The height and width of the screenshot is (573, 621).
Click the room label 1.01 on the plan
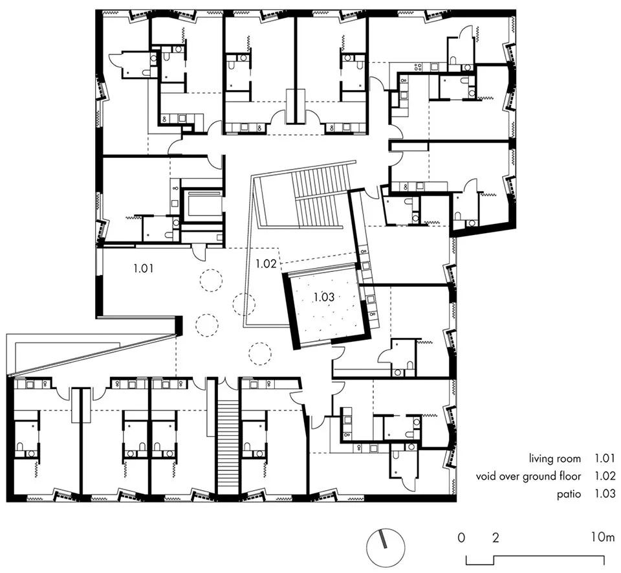point(143,268)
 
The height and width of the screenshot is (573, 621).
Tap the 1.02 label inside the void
point(265,264)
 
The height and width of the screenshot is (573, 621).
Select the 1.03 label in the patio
point(324,297)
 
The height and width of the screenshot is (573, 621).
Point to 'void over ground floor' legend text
point(528,476)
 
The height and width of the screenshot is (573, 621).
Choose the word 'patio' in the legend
point(569,494)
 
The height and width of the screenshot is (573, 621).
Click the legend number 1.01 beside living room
point(605,459)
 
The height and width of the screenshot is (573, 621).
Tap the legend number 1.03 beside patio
point(605,493)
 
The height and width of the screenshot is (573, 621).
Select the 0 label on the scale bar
point(461,538)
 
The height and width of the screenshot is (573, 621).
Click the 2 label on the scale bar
point(496,538)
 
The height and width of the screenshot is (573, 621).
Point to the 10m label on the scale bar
point(603,538)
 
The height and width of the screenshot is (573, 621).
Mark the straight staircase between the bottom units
point(227,447)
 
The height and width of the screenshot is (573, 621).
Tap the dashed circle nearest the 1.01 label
point(210,280)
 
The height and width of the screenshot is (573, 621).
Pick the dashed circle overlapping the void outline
point(244,304)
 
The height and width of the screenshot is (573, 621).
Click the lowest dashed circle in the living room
point(260,354)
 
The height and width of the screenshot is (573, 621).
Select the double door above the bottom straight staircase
point(227,383)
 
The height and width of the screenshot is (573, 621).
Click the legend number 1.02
point(605,476)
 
